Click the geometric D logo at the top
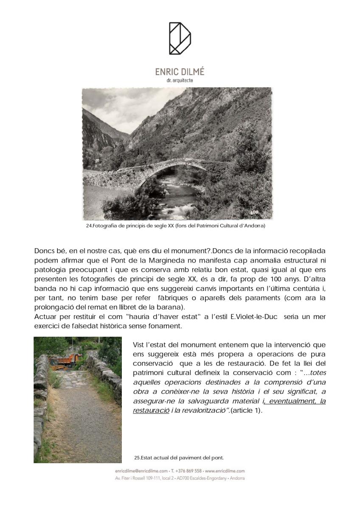coord(180,38)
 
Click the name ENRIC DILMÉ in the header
coord(180,72)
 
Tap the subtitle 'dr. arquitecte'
coord(180,80)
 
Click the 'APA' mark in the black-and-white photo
coord(254,212)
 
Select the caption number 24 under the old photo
coord(89,226)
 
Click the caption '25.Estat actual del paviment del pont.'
coord(179,458)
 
